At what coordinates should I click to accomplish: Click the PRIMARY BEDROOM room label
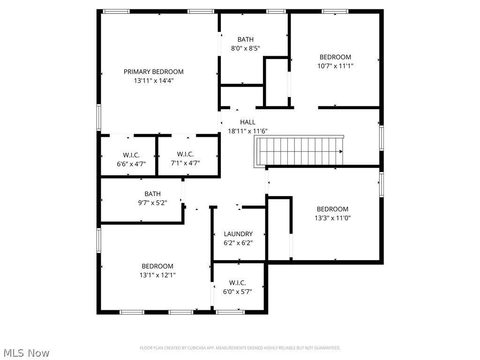pyautogui.click(x=153, y=72)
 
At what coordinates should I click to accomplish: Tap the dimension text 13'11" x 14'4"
pyautogui.click(x=153, y=81)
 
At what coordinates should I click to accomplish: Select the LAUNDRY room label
pyautogui.click(x=238, y=234)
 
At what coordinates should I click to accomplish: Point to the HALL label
pyautogui.click(x=248, y=122)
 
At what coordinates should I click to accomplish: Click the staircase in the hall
pyautogui.click(x=300, y=151)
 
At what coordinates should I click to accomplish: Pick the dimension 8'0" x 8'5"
pyautogui.click(x=245, y=48)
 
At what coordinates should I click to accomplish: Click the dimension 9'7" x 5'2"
pyautogui.click(x=152, y=202)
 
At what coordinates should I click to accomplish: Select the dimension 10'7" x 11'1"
pyautogui.click(x=335, y=66)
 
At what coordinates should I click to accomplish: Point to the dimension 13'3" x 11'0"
pyautogui.click(x=332, y=218)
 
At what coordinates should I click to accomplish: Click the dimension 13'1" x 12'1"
pyautogui.click(x=157, y=275)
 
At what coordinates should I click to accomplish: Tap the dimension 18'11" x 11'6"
pyautogui.click(x=247, y=131)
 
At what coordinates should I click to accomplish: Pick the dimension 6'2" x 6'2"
pyautogui.click(x=238, y=243)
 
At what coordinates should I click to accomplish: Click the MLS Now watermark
pyautogui.click(x=26, y=352)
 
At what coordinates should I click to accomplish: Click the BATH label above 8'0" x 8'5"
pyautogui.click(x=245, y=40)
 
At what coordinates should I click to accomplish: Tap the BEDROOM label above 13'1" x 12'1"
pyautogui.click(x=157, y=266)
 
